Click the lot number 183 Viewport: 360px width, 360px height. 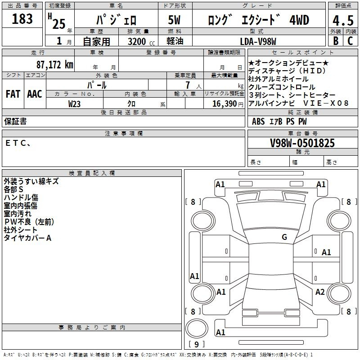(22, 18)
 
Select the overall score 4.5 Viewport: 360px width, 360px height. (343, 20)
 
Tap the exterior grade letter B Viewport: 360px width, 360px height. (336, 41)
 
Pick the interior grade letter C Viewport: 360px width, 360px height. (350, 41)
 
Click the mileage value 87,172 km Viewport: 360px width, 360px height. (55, 64)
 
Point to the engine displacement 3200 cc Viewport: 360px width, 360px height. (141, 41)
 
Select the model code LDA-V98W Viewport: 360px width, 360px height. (258, 41)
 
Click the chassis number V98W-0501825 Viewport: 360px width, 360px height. (302, 143)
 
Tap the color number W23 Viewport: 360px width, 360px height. (74, 104)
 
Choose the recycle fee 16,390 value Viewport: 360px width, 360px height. (225, 103)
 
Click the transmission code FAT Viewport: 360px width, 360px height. (13, 94)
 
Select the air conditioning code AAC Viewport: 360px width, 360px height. (35, 94)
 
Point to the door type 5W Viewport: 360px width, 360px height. (174, 20)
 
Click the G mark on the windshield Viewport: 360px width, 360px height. (284, 237)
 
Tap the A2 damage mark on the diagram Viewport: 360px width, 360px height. (320, 292)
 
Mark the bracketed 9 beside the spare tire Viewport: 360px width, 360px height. (197, 344)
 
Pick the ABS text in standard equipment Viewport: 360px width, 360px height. (258, 121)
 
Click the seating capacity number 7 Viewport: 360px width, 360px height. (188, 85)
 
